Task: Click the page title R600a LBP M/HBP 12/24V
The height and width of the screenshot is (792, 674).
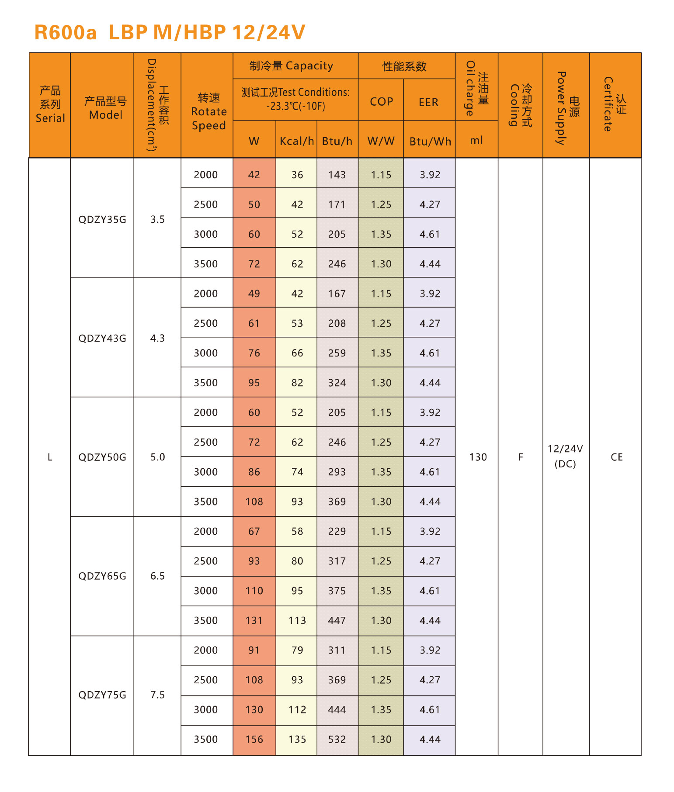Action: (170, 33)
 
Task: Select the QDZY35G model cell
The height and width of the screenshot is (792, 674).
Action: (102, 219)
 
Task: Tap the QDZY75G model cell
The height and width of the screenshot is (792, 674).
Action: (102, 695)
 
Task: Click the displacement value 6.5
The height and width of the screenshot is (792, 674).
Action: (157, 576)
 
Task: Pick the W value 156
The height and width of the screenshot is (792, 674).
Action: (254, 739)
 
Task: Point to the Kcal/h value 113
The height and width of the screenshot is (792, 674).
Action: (297, 620)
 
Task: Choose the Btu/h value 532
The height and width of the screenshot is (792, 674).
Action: (337, 739)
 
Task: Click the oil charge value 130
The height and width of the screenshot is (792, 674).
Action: (478, 457)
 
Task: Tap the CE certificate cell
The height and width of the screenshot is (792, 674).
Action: (616, 457)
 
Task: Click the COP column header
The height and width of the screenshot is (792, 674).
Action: (381, 101)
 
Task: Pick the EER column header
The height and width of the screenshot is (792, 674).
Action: (428, 102)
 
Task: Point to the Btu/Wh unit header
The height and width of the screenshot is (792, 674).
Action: (430, 141)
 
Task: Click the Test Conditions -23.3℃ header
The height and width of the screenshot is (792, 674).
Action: (295, 99)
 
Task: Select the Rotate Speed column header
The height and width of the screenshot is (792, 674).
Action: (208, 111)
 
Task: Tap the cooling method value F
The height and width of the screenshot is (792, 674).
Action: (520, 457)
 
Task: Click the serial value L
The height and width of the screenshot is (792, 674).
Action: (50, 457)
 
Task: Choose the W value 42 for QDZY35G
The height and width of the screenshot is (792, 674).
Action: (254, 175)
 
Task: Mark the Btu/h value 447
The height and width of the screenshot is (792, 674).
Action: (337, 620)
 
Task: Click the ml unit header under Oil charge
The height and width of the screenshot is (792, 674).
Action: (476, 140)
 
